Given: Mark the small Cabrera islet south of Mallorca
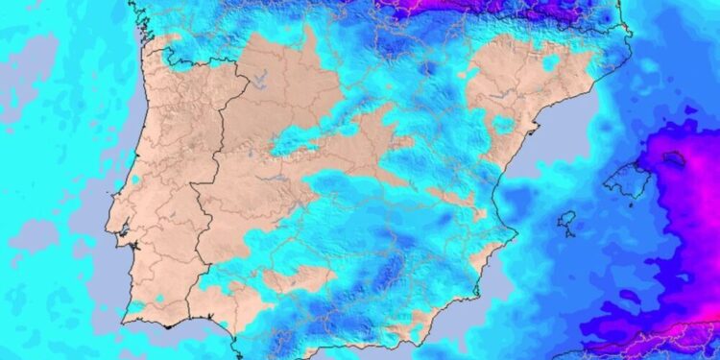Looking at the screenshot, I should point(630,204).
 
